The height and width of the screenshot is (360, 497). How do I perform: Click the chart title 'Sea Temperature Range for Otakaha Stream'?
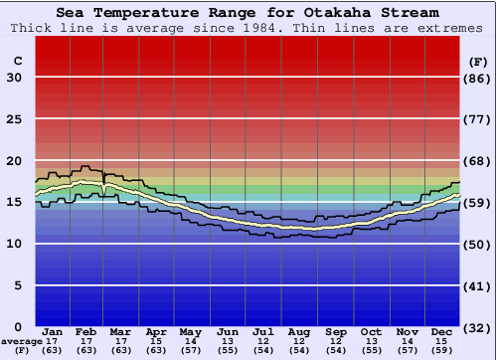click(x=247, y=13)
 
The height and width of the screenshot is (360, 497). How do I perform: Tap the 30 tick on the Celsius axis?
click(x=14, y=78)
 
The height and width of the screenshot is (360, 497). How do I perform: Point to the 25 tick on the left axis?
click(x=14, y=119)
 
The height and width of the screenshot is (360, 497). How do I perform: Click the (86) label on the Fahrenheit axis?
click(x=478, y=78)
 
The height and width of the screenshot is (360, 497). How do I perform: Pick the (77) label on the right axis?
click(x=478, y=119)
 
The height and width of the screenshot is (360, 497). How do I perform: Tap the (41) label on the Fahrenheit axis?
click(x=478, y=285)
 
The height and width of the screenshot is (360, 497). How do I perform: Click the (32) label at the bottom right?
click(x=478, y=327)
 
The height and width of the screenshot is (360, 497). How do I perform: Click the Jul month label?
click(x=263, y=331)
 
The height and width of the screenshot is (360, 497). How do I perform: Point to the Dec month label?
click(x=442, y=331)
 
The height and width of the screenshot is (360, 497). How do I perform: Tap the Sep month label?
click(x=335, y=331)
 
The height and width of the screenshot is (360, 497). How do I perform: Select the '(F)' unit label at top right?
click(x=478, y=61)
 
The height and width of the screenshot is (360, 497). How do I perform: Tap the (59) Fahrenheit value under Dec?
click(x=442, y=350)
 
